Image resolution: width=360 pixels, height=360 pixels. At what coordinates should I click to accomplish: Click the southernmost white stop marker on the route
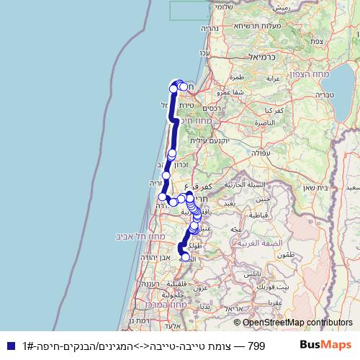coord(186,257)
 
